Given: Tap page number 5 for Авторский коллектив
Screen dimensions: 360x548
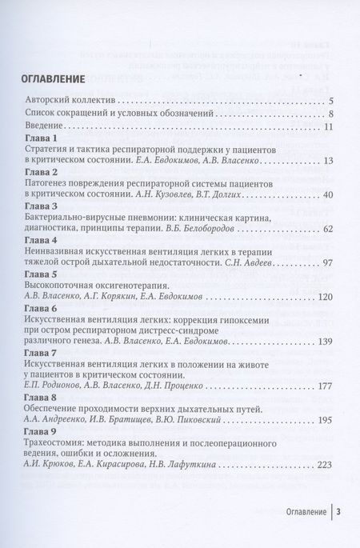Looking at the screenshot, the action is [x=330, y=102].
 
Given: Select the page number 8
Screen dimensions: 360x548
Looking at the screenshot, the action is [x=330, y=116].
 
